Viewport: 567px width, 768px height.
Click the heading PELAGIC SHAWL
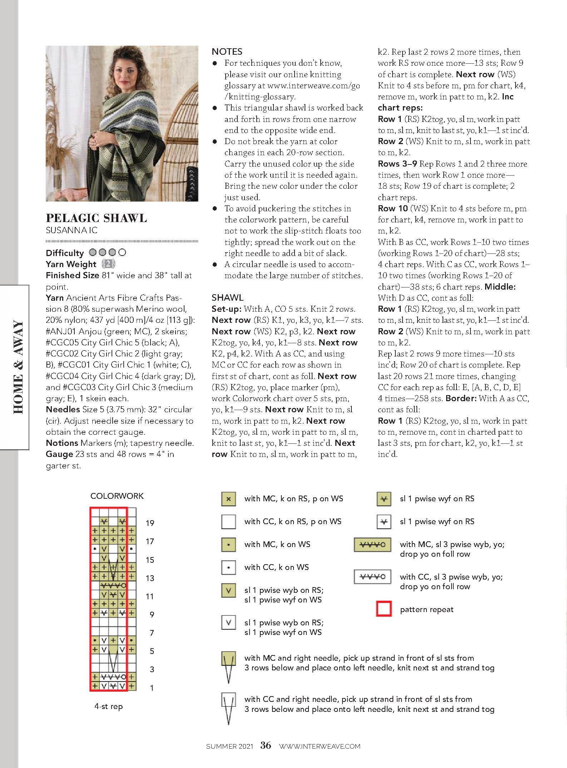(96, 218)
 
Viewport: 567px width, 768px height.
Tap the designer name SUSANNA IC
(72, 230)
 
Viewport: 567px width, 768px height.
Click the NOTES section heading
(227, 51)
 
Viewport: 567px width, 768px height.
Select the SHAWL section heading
(227, 297)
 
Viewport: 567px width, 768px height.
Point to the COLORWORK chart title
(117, 496)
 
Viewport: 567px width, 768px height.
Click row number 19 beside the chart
(150, 523)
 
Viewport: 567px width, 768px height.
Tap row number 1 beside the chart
(152, 688)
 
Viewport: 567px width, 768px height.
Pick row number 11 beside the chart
(150, 596)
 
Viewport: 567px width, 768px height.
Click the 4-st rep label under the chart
(108, 706)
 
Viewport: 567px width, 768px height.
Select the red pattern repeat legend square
(384, 609)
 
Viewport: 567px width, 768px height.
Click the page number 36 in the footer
(266, 745)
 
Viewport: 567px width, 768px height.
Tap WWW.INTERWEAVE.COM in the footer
(320, 746)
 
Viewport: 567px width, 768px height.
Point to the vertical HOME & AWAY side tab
(18, 367)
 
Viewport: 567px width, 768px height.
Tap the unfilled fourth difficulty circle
(122, 252)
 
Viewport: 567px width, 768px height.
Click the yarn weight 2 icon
(108, 264)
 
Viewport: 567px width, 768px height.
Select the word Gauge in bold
(59, 454)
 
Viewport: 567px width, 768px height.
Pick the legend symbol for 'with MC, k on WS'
(228, 545)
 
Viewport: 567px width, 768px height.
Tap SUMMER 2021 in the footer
(230, 746)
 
